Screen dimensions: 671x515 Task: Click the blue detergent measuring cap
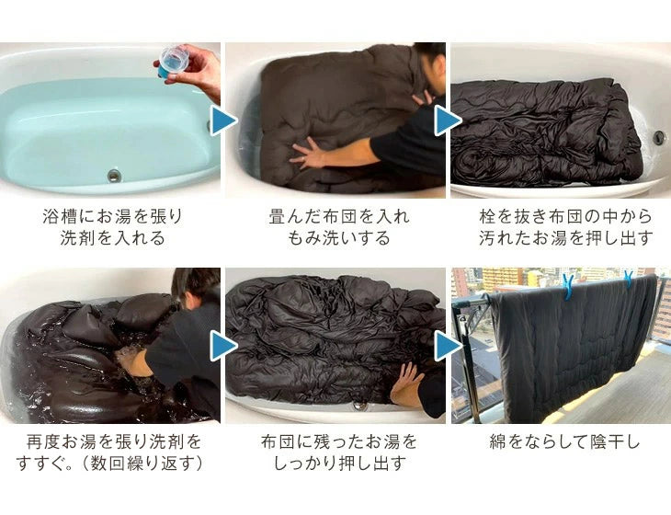pos(172,62)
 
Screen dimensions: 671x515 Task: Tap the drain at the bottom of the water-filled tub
pos(114,175)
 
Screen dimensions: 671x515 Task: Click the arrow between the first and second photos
pos(223,121)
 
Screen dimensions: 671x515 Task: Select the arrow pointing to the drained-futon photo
pos(448,121)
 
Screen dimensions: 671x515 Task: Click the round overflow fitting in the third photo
pos(659,137)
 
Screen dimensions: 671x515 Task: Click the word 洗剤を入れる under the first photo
pos(112,238)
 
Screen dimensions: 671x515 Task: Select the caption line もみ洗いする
pos(338,238)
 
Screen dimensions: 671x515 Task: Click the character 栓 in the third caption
pos(487,217)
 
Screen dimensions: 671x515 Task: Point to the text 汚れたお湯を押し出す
pos(565,238)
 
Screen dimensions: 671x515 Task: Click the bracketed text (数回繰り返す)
pos(142,463)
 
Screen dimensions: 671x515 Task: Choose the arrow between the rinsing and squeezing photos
pos(223,346)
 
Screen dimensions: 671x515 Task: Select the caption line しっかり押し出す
pos(339,463)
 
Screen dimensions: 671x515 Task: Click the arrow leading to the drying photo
pos(448,346)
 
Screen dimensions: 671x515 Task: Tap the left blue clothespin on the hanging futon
pos(569,286)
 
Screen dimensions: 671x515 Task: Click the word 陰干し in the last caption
pos(615,442)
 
